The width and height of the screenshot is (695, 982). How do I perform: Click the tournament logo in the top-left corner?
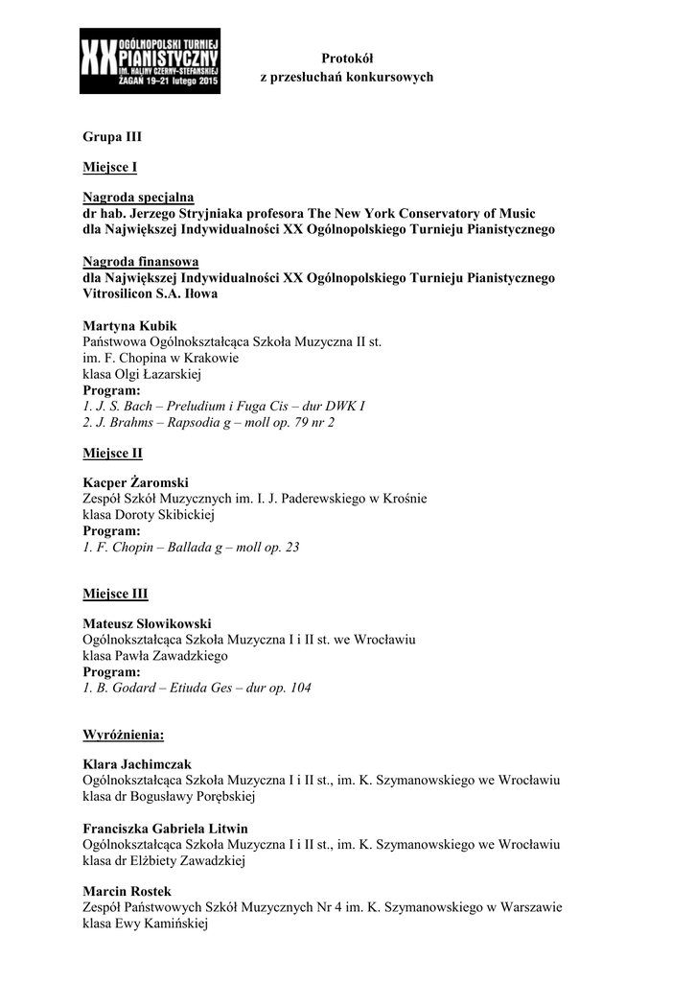click(x=150, y=60)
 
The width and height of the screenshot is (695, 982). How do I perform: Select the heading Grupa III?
click(x=112, y=137)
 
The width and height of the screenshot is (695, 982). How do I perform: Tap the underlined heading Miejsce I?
click(x=110, y=168)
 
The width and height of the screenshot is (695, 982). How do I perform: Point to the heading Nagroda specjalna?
click(x=138, y=198)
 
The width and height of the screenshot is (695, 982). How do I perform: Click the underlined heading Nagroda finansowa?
click(x=141, y=261)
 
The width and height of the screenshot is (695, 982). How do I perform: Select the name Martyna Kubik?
click(x=130, y=325)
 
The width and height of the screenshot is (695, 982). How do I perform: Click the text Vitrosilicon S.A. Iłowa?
click(x=151, y=293)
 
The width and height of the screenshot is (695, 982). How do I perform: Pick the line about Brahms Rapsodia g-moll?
click(x=209, y=422)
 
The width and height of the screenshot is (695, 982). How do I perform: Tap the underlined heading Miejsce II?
click(x=112, y=452)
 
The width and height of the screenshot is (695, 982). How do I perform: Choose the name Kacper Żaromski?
click(x=136, y=482)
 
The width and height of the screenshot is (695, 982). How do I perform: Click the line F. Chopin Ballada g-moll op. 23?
click(x=192, y=548)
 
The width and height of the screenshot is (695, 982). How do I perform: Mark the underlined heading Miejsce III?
click(x=115, y=594)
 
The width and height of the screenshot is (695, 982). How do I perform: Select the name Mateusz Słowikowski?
click(x=147, y=623)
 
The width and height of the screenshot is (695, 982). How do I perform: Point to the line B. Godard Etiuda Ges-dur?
click(x=197, y=688)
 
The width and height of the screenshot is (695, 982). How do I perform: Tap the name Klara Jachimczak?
click(x=137, y=764)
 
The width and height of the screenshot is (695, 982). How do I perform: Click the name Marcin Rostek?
click(x=127, y=891)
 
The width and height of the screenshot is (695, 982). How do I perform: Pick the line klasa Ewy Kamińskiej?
click(x=146, y=924)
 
